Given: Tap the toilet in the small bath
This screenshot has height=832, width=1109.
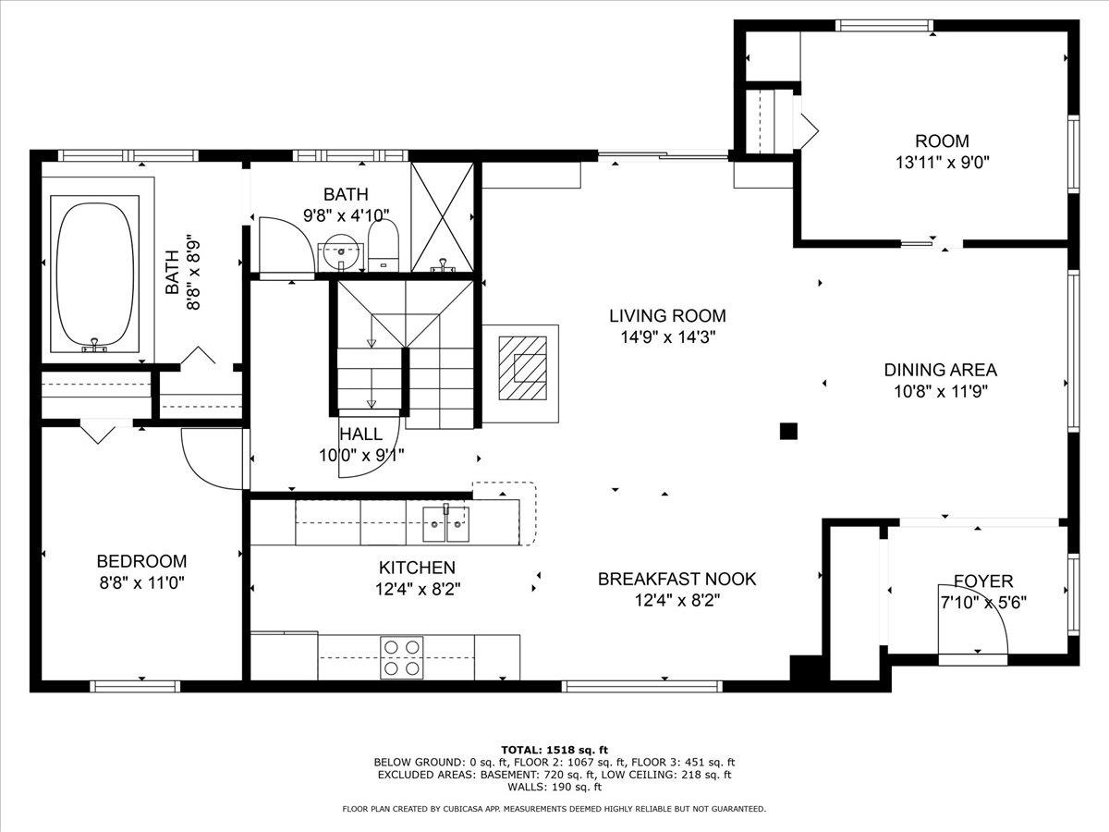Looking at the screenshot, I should click(383, 243).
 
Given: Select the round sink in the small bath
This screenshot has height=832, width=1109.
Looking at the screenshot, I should click(342, 248).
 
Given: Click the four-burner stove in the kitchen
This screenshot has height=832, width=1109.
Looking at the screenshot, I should click(402, 657).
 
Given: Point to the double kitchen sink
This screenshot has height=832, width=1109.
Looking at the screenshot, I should click(447, 524).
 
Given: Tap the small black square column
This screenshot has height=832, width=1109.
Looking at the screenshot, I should click(788, 430).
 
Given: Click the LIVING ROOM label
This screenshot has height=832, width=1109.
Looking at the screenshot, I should click(667, 316).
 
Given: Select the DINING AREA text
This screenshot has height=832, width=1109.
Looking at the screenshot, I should click(940, 370).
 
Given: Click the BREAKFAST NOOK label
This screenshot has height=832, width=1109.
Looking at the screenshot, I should click(676, 580).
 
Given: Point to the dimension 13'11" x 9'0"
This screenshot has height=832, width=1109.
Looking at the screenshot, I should click(942, 161).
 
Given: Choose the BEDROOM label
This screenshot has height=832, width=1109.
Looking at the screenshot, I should click(141, 562).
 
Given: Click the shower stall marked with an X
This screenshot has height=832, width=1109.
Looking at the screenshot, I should click(442, 217).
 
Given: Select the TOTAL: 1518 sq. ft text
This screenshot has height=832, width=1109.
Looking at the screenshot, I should click(554, 750).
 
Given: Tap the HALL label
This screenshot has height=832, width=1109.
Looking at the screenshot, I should click(360, 434).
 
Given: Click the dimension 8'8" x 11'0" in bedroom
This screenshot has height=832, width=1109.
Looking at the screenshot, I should click(141, 583).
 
